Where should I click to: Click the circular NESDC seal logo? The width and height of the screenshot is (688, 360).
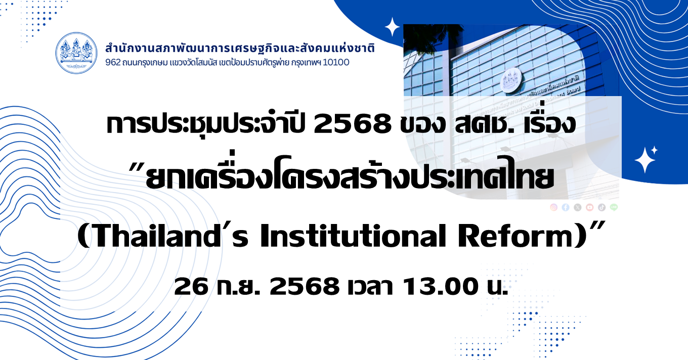[76, 53]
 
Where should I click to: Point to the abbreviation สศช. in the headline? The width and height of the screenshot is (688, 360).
[484, 125]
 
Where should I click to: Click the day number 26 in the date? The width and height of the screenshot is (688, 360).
[191, 287]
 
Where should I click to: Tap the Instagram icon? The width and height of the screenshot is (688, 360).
[554, 207]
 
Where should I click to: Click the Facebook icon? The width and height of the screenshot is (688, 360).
[566, 207]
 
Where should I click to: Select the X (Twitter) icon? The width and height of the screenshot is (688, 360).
[578, 207]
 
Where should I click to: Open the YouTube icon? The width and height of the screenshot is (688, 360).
[590, 207]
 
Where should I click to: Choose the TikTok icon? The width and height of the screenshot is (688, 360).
[601, 207]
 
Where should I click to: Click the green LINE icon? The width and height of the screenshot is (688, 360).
[614, 207]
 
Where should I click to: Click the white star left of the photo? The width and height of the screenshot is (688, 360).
[392, 27]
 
